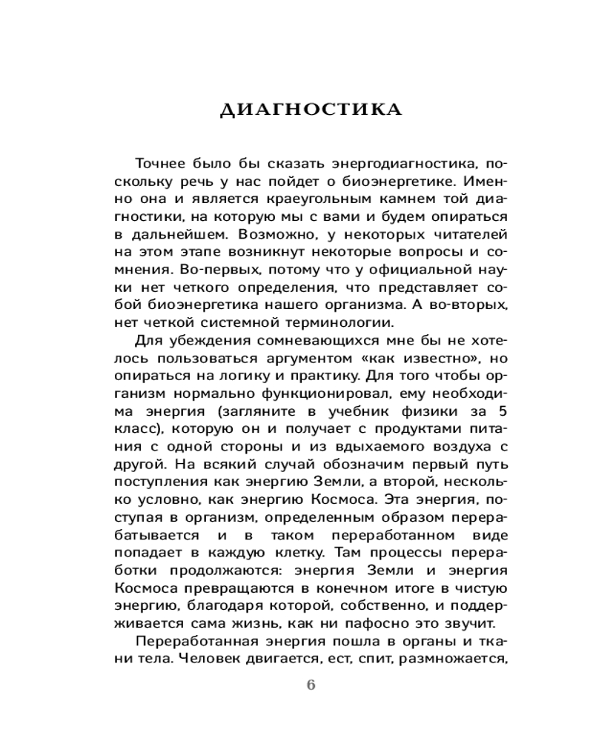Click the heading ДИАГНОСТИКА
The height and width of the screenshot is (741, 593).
pyautogui.click(x=311, y=110)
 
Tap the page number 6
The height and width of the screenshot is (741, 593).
pyautogui.click(x=311, y=685)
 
